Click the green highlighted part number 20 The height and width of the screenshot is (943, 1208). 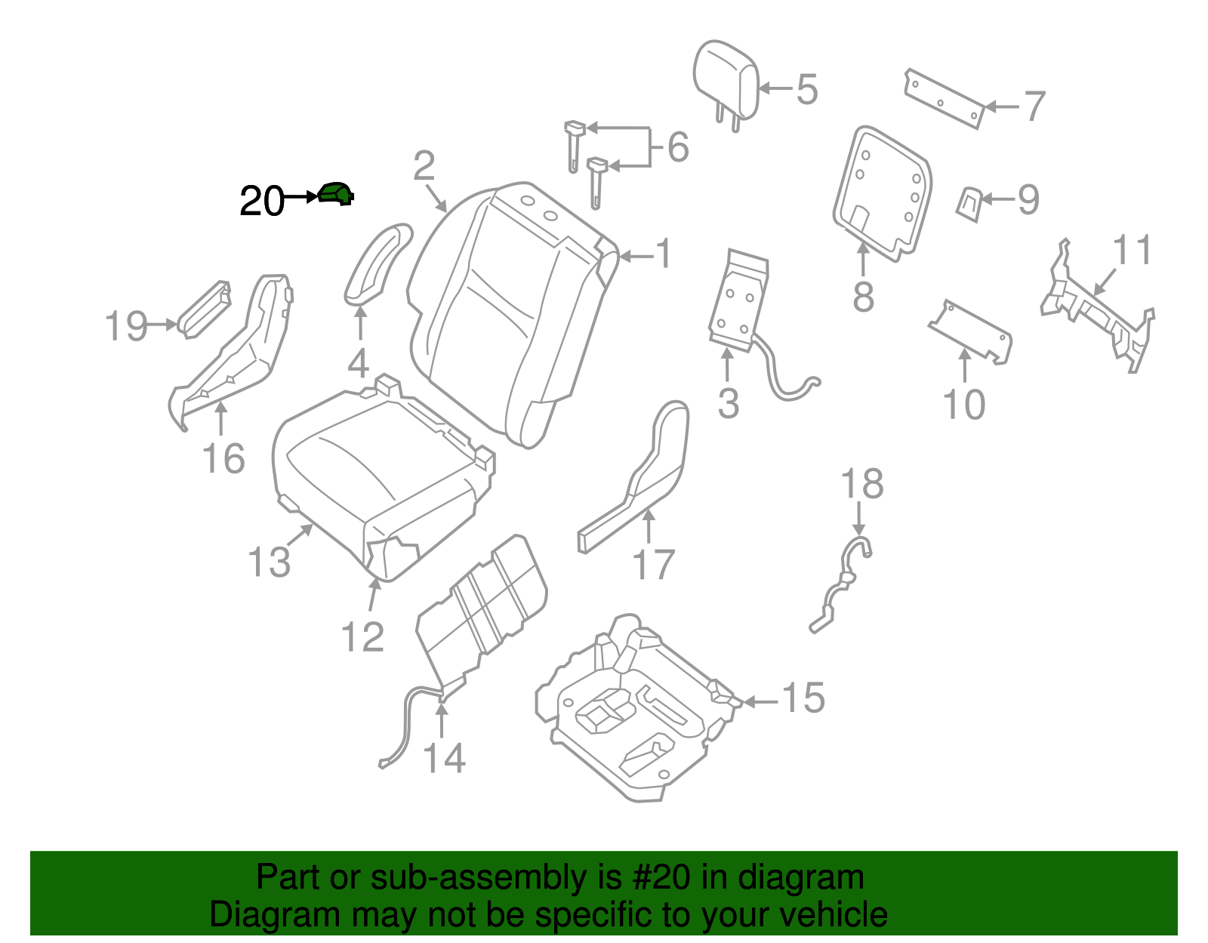pyautogui.click(x=335, y=194)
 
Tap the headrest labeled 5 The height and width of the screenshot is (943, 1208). pyautogui.click(x=725, y=79)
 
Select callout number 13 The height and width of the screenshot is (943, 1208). pyautogui.click(x=269, y=562)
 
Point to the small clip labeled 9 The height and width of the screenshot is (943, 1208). pyautogui.click(x=969, y=203)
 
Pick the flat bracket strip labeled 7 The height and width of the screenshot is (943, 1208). pyautogui.click(x=944, y=98)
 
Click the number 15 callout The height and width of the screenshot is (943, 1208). pyautogui.click(x=803, y=698)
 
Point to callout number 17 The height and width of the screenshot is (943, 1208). pyautogui.click(x=653, y=565)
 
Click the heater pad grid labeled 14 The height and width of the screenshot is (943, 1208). pyautogui.click(x=483, y=604)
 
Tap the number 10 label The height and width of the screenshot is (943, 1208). pyautogui.click(x=964, y=405)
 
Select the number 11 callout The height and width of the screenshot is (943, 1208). pyautogui.click(x=1132, y=250)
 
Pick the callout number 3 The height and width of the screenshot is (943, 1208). pyautogui.click(x=728, y=403)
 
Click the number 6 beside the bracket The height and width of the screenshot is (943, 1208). pyautogui.click(x=678, y=146)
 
